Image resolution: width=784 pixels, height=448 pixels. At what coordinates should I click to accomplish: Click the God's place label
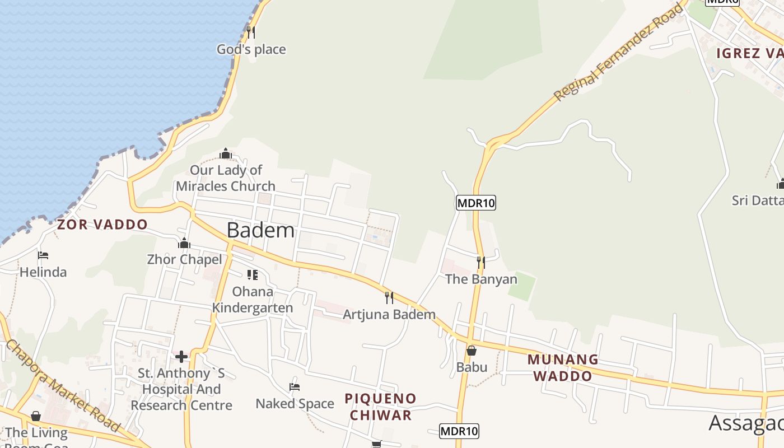[x=251, y=49]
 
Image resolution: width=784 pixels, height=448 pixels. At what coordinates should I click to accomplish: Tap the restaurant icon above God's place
[x=251, y=32]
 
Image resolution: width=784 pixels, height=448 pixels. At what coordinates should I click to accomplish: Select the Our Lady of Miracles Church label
[x=226, y=178]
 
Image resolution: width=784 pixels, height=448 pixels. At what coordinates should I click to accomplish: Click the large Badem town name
[x=260, y=230]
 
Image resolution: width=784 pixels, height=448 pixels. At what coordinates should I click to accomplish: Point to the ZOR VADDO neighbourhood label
[x=102, y=225]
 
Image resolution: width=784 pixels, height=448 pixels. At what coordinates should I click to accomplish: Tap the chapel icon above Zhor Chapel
[x=184, y=243]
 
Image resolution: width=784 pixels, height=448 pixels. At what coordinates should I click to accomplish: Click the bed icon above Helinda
[x=43, y=255]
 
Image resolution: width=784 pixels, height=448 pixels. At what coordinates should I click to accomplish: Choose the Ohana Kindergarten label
[x=253, y=300]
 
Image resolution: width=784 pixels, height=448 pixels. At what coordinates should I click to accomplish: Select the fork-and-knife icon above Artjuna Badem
[x=389, y=297]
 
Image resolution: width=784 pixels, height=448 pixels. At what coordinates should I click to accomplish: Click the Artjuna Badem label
[x=389, y=314]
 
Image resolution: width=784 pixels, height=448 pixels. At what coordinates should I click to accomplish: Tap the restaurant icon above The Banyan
[x=480, y=262]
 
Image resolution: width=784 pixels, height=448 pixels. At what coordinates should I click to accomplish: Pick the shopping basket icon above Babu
[x=472, y=351]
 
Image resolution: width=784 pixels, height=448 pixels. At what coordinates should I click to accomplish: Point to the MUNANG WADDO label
[x=563, y=367]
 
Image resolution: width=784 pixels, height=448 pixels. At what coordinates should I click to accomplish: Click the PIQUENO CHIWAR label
[x=380, y=407]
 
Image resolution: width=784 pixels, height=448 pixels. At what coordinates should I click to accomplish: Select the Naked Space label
[x=295, y=403]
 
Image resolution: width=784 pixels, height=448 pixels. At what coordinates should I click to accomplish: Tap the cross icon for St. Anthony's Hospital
[x=181, y=356]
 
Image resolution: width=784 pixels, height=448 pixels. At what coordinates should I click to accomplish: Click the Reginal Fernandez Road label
[x=619, y=52]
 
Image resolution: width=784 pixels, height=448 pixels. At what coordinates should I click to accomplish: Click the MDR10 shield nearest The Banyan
[x=476, y=203]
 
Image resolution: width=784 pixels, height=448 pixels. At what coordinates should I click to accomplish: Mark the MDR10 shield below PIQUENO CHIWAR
[x=459, y=431]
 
